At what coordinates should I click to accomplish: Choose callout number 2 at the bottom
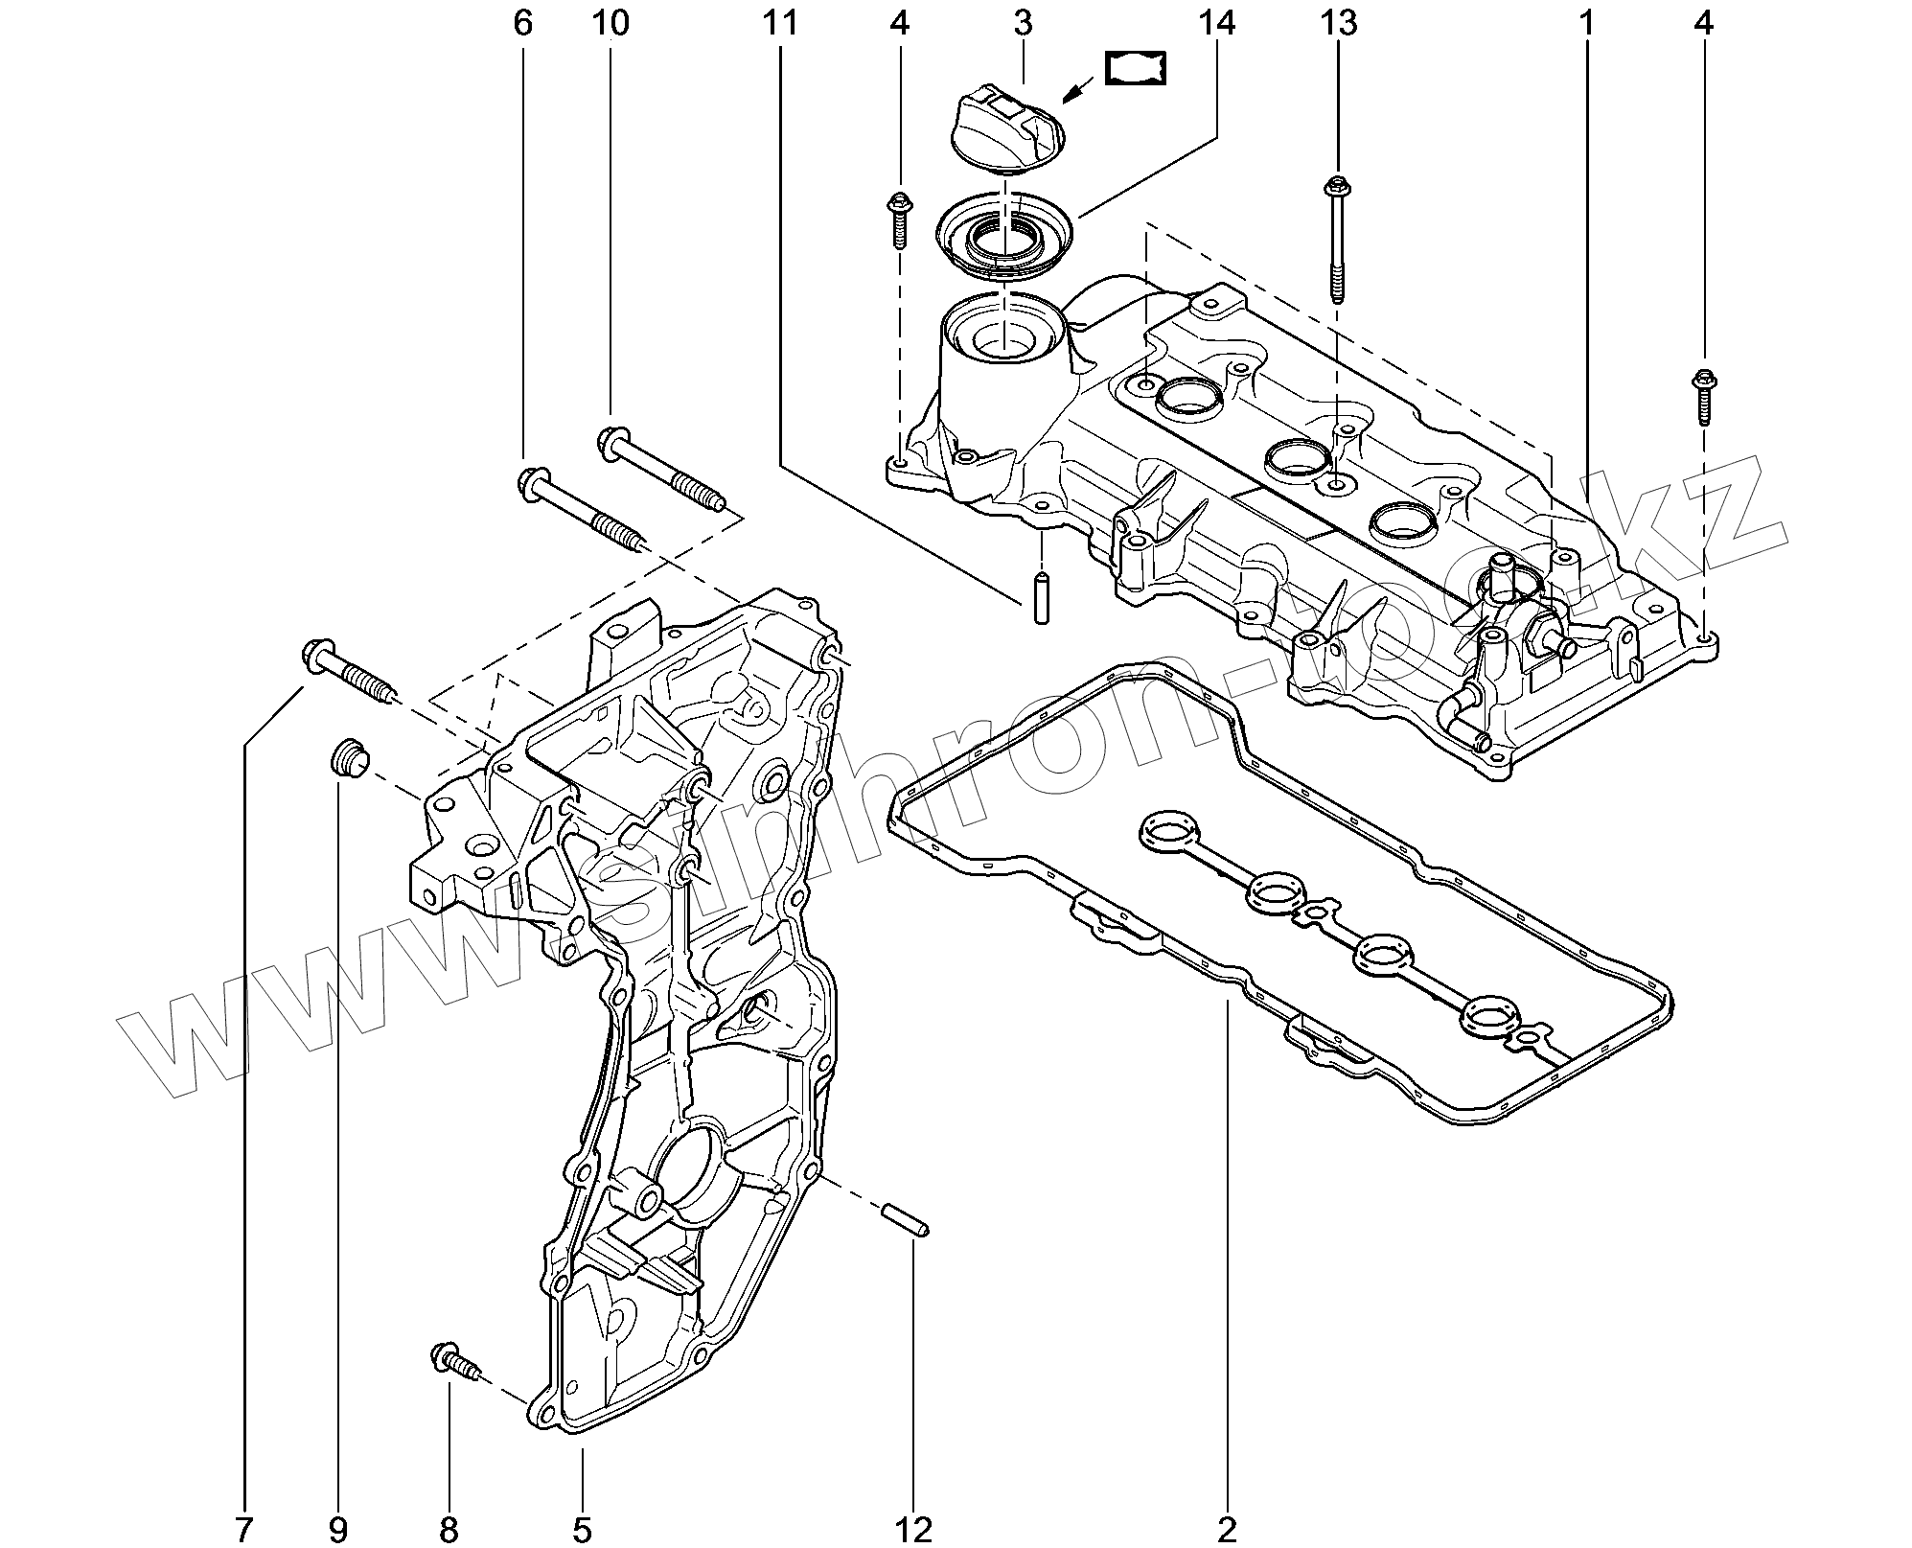point(1228,1529)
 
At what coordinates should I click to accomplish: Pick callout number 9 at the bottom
point(337,1529)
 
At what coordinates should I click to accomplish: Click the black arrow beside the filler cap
point(1079,91)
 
